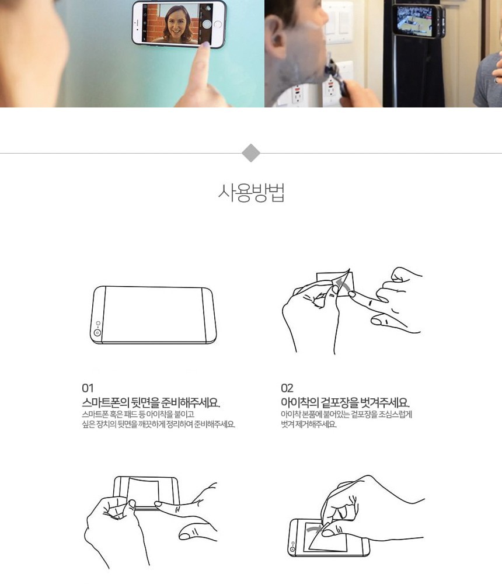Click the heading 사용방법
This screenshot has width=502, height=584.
[252, 193]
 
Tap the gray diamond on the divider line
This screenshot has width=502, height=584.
[251, 153]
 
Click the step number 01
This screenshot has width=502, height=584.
[88, 388]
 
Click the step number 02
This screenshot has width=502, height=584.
[287, 388]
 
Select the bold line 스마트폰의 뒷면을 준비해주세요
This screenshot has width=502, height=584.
[151, 402]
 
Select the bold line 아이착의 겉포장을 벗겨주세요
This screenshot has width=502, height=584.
[345, 402]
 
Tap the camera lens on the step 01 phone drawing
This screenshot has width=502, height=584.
[97, 333]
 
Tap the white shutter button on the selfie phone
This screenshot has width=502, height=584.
[207, 24]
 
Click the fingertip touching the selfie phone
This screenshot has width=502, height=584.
[205, 46]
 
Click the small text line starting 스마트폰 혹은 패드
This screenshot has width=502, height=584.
[138, 414]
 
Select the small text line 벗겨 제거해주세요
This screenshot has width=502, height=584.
[309, 424]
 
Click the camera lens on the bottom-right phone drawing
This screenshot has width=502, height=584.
[292, 549]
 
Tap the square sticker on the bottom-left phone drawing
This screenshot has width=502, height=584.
[144, 492]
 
